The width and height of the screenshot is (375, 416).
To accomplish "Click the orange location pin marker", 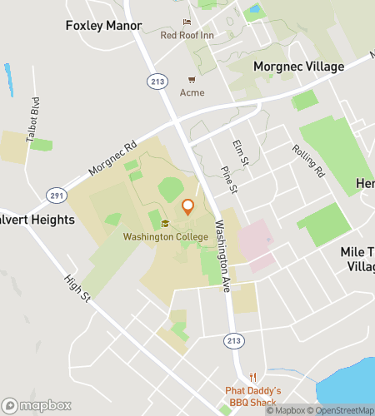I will tap(187, 207).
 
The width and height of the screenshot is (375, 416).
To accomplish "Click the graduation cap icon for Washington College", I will tap(165, 224).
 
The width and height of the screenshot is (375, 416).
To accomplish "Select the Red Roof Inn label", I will tap(187, 36).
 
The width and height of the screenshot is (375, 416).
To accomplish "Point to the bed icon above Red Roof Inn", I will tap(187, 22).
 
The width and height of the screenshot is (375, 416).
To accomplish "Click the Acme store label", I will tap(192, 92).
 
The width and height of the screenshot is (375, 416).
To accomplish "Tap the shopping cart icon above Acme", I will tap(192, 80).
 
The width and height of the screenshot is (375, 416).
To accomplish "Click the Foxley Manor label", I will tap(103, 26).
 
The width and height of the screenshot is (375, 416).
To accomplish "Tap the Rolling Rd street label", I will tap(307, 161).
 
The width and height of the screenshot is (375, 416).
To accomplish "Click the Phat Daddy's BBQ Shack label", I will tap(253, 396).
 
